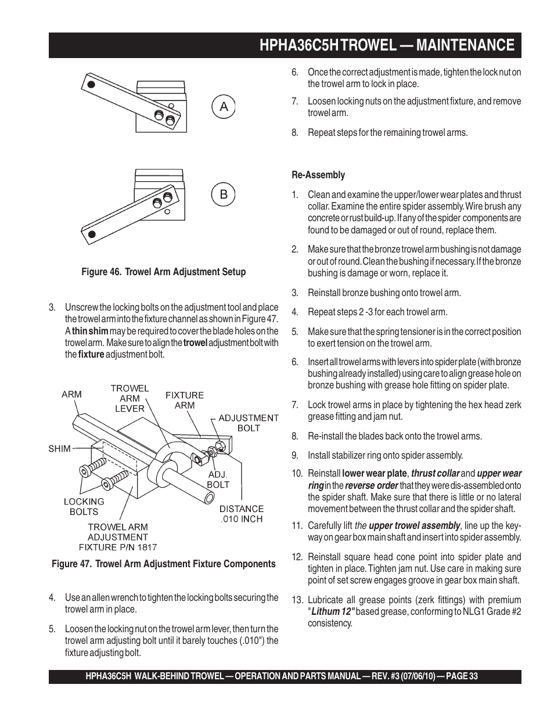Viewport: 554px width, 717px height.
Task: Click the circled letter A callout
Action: tap(224, 107)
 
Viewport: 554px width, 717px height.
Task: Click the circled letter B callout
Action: tap(224, 194)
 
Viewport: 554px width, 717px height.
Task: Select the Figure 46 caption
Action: tap(163, 272)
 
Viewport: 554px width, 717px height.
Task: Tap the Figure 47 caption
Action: tap(163, 564)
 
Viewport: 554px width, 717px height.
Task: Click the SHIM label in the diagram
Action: tap(60, 448)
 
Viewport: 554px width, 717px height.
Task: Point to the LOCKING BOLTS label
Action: tap(84, 506)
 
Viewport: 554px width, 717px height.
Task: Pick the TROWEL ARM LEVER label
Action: tap(129, 398)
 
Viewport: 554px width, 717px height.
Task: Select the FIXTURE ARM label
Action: tap(185, 400)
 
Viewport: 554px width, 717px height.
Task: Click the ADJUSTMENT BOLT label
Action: tap(249, 423)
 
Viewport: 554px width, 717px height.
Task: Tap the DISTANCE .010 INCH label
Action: tap(242, 514)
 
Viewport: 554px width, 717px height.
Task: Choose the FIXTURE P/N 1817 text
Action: tap(118, 547)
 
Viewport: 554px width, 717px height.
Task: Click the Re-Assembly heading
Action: tap(318, 175)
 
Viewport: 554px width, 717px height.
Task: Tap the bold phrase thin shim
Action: tap(90, 331)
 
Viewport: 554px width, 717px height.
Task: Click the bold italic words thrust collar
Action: tap(435, 473)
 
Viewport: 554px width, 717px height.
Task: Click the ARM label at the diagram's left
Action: tap(71, 394)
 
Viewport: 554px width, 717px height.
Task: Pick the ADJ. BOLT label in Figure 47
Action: tap(218, 480)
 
